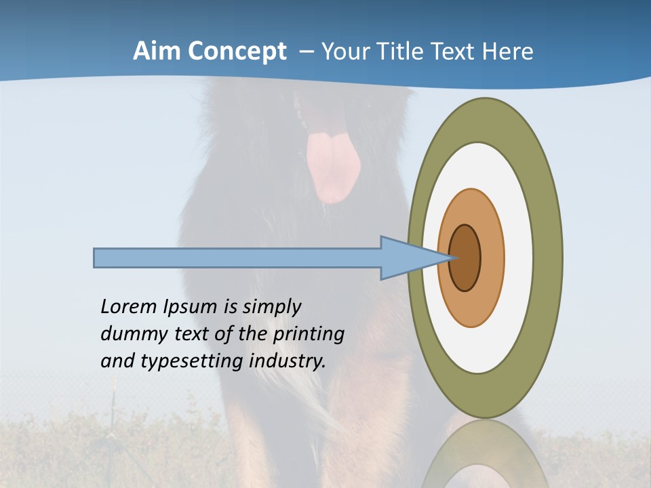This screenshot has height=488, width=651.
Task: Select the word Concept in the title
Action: pyautogui.click(x=237, y=52)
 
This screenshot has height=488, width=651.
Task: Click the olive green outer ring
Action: pyautogui.click(x=547, y=258)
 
